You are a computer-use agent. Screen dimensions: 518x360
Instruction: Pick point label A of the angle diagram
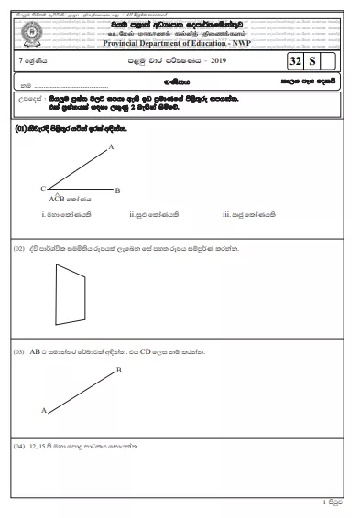[111, 146]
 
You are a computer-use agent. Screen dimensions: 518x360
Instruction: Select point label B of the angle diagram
[118, 189]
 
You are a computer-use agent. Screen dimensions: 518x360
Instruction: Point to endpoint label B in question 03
[119, 371]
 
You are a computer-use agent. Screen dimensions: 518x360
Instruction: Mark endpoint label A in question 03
[43, 411]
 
